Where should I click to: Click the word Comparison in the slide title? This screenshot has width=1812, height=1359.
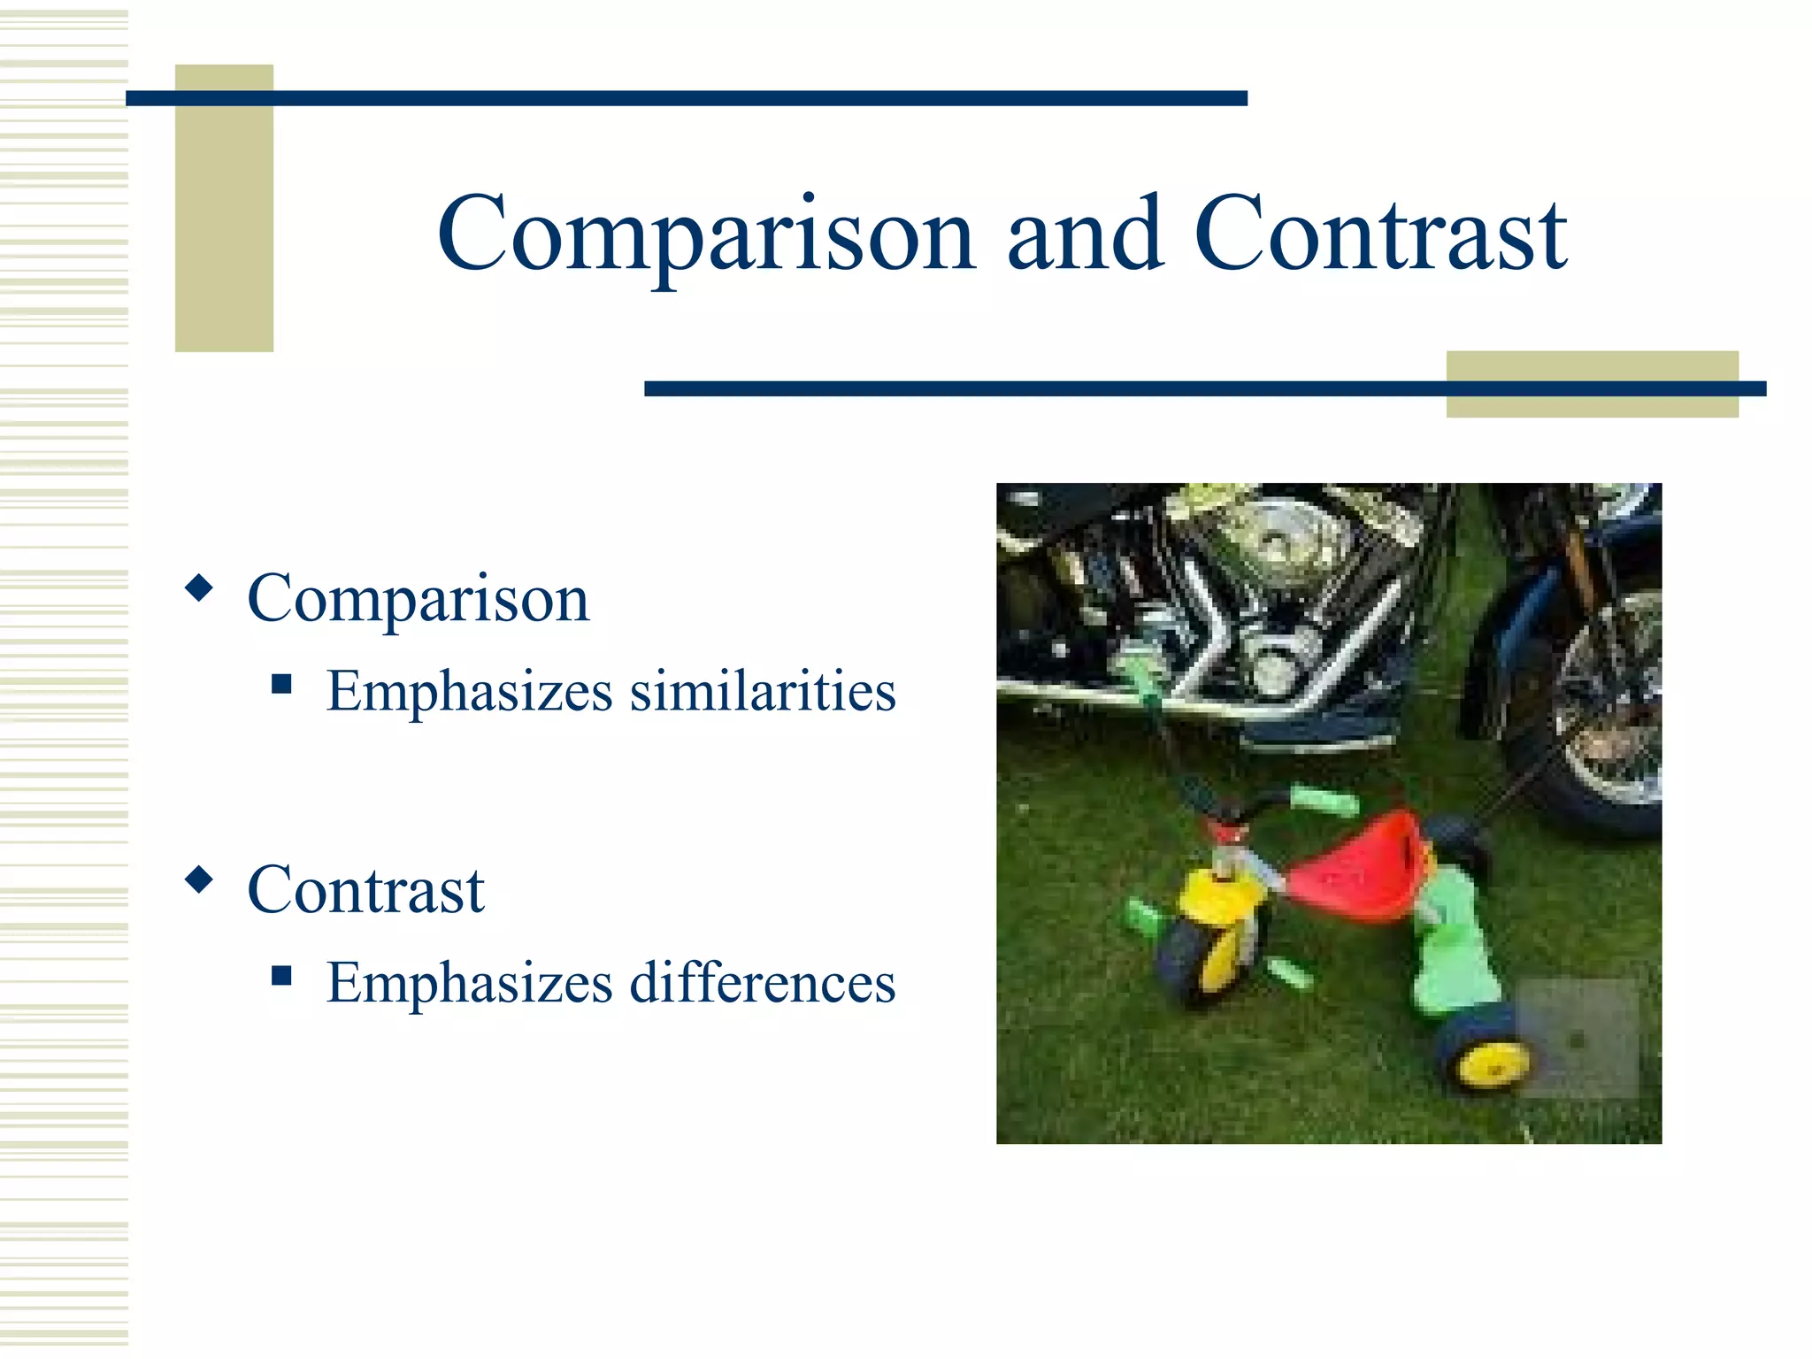coord(706,234)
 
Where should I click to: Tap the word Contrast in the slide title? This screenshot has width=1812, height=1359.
coord(1380,234)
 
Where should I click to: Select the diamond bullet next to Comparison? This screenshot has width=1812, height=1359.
coord(200,588)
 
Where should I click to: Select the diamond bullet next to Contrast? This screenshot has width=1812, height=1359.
coord(200,879)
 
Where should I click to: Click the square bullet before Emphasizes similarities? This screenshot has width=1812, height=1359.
coord(282,684)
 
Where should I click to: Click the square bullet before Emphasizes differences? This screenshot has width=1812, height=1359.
coord(282,975)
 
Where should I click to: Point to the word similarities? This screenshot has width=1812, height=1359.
coord(763,691)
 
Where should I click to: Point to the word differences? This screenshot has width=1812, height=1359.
coord(763,982)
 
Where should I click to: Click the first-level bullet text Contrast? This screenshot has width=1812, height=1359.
coord(365,890)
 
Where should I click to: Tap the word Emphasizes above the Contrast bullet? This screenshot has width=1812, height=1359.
coord(469,691)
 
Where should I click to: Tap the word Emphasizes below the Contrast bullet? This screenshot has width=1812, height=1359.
coord(469,982)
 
